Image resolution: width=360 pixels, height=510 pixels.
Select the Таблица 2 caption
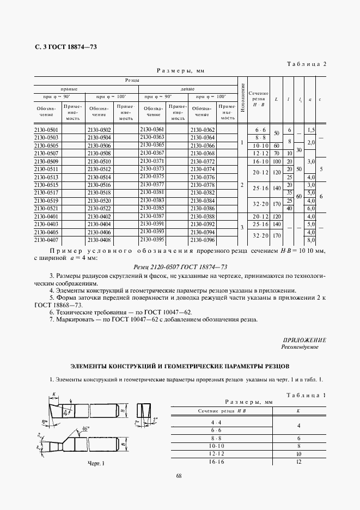tap(307, 64)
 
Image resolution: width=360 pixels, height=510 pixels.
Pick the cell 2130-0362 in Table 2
tap(203, 130)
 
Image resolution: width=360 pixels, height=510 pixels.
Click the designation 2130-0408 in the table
tap(99, 239)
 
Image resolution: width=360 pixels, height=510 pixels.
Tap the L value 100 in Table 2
tap(277, 162)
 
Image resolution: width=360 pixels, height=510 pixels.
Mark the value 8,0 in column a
tap(311, 239)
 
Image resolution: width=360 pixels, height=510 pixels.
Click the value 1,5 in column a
tap(311, 130)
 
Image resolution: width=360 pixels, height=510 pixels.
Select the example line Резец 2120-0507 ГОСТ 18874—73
tap(180, 266)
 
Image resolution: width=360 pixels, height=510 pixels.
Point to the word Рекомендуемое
tap(300, 347)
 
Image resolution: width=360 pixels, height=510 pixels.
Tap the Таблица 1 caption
tap(307, 394)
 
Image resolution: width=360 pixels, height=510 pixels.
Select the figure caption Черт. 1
tap(80, 464)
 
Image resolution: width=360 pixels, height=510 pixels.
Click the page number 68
tap(179, 476)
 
